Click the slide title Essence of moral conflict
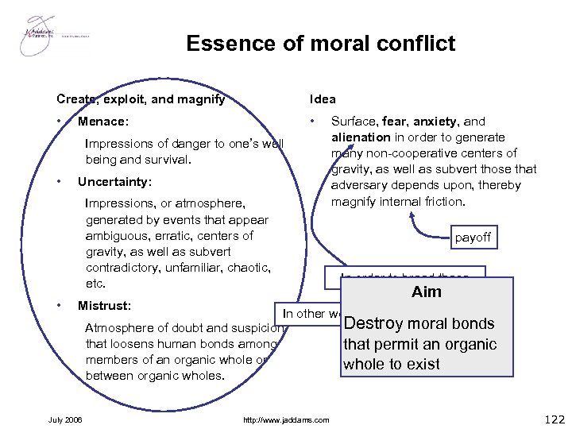pyautogui.click(x=321, y=43)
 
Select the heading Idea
pyautogui.click(x=323, y=99)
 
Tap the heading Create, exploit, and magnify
pyautogui.click(x=141, y=99)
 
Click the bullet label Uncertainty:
pyautogui.click(x=114, y=181)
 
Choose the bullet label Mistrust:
pyautogui.click(x=105, y=305)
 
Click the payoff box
pyautogui.click(x=473, y=237)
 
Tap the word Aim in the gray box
pyautogui.click(x=427, y=292)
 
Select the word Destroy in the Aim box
pyautogui.click(x=373, y=323)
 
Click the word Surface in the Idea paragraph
pyautogui.click(x=353, y=122)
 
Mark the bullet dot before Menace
pyautogui.click(x=60, y=122)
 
